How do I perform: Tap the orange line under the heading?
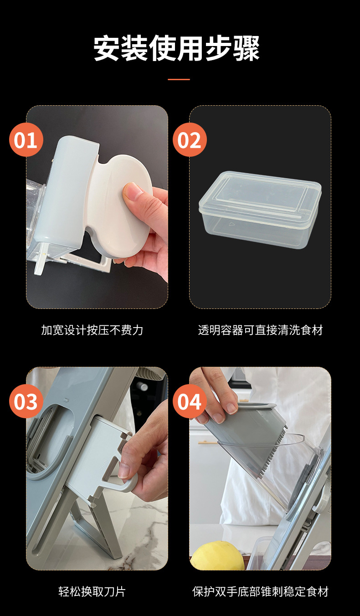(x=179, y=79)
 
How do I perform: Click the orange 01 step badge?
(x=26, y=140)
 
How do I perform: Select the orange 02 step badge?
(x=190, y=140)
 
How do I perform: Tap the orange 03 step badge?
(x=26, y=402)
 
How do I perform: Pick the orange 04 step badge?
(x=190, y=402)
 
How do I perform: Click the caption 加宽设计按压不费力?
(x=92, y=330)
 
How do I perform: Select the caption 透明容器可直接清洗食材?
(x=260, y=330)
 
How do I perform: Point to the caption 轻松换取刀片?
(x=92, y=591)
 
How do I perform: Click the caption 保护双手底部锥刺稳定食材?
(x=260, y=591)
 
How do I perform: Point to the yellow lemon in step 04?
(x=217, y=557)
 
